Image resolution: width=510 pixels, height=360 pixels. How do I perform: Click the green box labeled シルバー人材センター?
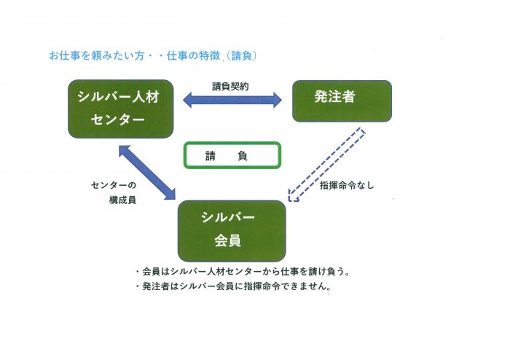[x=121, y=109]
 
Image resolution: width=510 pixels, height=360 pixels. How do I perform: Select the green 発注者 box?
[x=342, y=101]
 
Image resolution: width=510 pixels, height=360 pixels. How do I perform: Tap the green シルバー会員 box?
[x=232, y=231]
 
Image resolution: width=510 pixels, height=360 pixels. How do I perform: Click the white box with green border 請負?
[x=232, y=155]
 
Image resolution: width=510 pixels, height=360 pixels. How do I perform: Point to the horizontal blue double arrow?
[x=232, y=100]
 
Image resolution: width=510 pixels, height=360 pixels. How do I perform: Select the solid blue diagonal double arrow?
[x=147, y=173]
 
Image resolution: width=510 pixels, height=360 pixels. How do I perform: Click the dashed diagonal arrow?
[x=327, y=165]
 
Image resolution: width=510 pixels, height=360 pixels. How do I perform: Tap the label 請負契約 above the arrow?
[x=230, y=87]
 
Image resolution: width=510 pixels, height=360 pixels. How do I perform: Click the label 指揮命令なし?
[x=347, y=185]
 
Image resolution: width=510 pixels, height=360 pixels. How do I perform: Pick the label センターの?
[x=114, y=185]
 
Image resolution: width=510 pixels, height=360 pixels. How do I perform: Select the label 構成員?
[x=122, y=200]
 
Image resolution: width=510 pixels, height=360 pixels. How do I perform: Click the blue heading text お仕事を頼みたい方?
[x=97, y=55]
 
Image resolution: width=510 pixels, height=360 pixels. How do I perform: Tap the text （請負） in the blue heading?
[x=241, y=55]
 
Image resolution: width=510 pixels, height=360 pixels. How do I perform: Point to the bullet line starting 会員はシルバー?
[x=243, y=271]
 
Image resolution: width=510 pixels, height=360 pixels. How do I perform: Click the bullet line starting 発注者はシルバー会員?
[x=233, y=286]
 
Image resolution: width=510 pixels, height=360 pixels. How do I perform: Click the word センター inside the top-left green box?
[x=117, y=120]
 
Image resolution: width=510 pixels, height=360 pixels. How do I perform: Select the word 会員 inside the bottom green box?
[x=227, y=240]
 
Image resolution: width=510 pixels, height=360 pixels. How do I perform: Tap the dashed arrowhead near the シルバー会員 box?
[x=293, y=196]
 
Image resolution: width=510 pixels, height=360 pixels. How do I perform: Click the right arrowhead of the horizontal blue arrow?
[x=278, y=100]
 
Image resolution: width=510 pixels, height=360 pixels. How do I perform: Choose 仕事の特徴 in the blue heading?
[x=194, y=55]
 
